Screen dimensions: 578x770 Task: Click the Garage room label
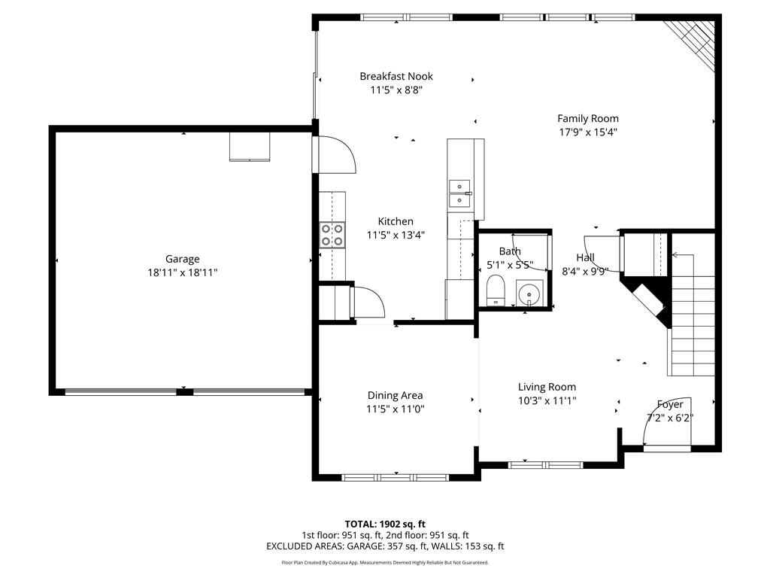pyautogui.click(x=183, y=260)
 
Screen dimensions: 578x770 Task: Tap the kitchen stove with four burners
pyautogui.click(x=332, y=235)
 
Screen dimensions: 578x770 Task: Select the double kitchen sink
pyautogui.click(x=459, y=193)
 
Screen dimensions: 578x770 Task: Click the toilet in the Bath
pyautogui.click(x=496, y=290)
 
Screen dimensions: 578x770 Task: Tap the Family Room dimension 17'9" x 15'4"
pyautogui.click(x=587, y=132)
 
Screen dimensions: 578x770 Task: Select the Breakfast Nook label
pyautogui.click(x=396, y=76)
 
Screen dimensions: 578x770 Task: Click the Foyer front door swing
pyautogui.click(x=662, y=433)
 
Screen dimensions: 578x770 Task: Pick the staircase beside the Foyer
pyautogui.click(x=693, y=324)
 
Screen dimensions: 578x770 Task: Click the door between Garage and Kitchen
pyautogui.click(x=335, y=154)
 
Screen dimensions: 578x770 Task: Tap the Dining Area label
pyautogui.click(x=395, y=395)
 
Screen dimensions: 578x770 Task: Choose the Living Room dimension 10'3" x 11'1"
pyautogui.click(x=547, y=401)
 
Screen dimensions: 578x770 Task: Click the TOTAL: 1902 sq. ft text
pyautogui.click(x=385, y=524)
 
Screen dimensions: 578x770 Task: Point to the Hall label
pyautogui.click(x=586, y=257)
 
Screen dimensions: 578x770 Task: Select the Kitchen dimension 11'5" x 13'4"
pyautogui.click(x=396, y=235)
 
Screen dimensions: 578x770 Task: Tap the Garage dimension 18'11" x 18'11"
pyautogui.click(x=183, y=273)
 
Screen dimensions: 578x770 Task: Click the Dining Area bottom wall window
pyautogui.click(x=395, y=477)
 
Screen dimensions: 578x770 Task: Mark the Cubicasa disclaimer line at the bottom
pyautogui.click(x=385, y=562)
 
